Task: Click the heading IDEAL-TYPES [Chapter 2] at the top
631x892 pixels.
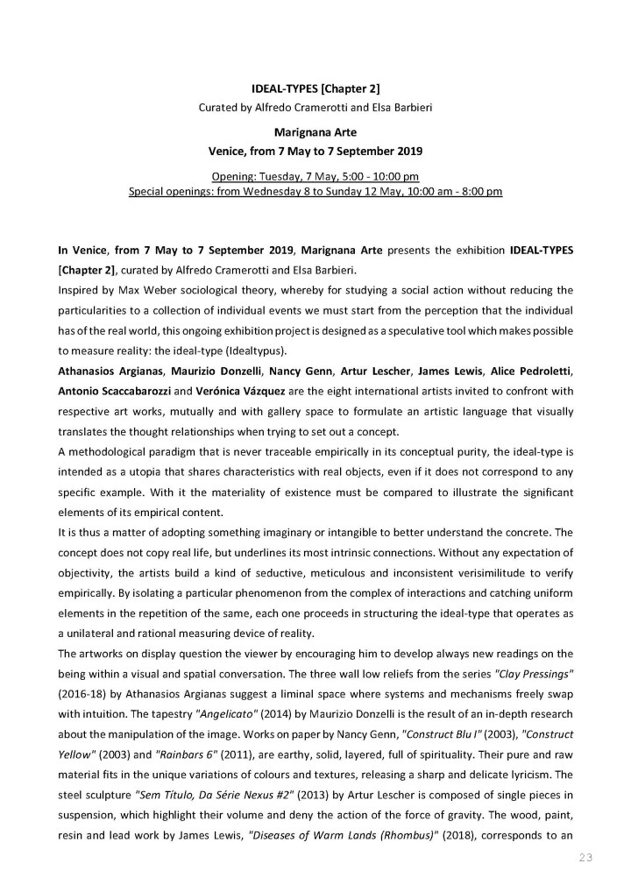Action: (x=315, y=88)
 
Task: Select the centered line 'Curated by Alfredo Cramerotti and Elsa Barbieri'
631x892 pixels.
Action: (x=315, y=108)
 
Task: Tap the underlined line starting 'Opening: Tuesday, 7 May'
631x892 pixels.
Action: (x=315, y=176)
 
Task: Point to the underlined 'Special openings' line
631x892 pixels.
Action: (x=315, y=192)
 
